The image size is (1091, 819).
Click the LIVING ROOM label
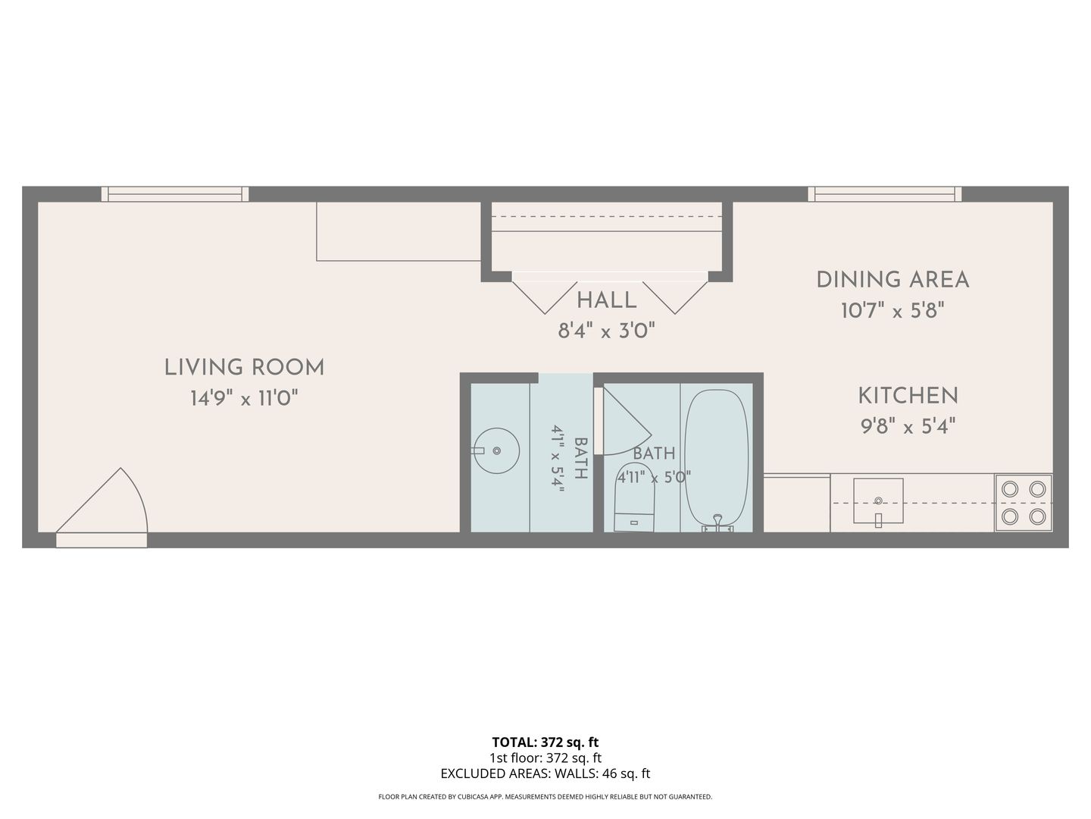pos(244,368)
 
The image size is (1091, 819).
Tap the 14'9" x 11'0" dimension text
pos(244,398)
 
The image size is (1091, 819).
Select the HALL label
pos(606,300)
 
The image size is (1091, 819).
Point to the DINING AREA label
pos(892,280)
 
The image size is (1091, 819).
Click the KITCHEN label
pos(908,396)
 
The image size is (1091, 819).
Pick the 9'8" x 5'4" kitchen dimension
pos(908,426)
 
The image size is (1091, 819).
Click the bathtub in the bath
pos(716,460)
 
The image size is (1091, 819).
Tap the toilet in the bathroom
pos(634,497)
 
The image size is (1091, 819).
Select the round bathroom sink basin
pos(496,450)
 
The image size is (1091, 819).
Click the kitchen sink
pos(878,502)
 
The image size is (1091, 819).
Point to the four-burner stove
pos(1024,503)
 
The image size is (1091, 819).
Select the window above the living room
pos(175,194)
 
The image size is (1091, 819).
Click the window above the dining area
pos(885,194)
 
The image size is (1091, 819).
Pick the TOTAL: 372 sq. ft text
pos(545,742)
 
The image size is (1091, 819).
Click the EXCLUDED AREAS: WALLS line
pos(545,773)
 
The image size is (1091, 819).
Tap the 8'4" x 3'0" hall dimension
pos(606,330)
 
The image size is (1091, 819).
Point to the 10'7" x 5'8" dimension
pos(892,311)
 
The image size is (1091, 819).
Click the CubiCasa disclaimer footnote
pos(545,796)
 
